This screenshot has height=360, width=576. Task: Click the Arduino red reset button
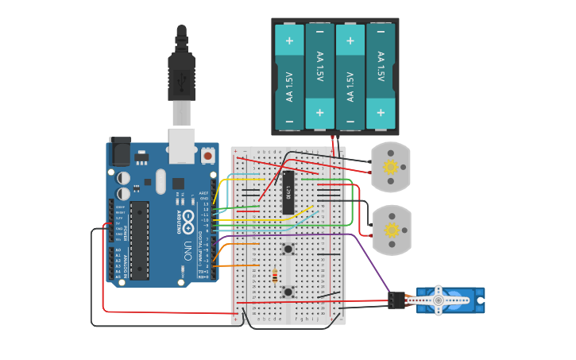[207, 156]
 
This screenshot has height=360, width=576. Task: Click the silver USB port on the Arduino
[182, 140]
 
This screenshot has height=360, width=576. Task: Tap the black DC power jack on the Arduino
[120, 150]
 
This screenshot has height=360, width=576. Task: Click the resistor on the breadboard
[275, 277]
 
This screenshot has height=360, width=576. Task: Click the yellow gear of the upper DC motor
[390, 167]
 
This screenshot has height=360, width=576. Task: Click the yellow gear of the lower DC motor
[391, 230]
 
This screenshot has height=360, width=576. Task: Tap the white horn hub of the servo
[438, 300]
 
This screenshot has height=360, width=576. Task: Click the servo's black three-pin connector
[396, 300]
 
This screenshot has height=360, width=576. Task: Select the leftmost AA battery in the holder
[289, 76]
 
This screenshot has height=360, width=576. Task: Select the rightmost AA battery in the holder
[381, 76]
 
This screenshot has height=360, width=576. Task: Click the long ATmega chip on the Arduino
[139, 240]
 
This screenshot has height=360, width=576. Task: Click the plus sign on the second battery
[319, 113]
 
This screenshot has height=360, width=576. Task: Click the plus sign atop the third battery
[350, 40]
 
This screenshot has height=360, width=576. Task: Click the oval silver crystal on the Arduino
[160, 181]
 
